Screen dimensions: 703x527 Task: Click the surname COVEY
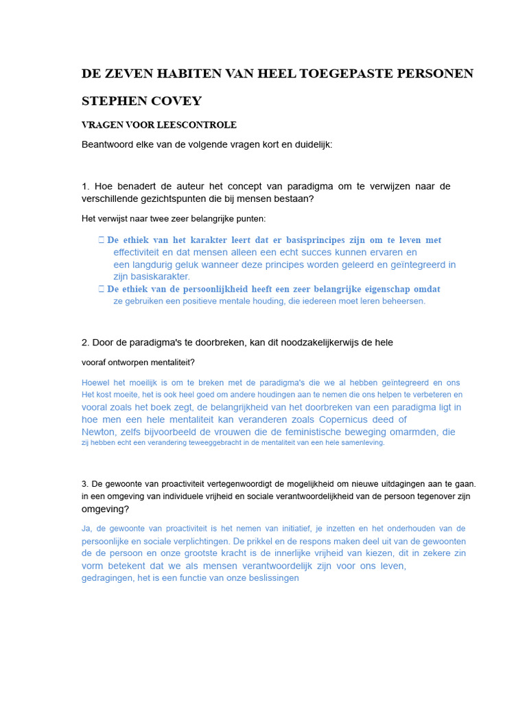(x=179, y=101)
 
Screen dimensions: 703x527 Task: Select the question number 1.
(x=85, y=187)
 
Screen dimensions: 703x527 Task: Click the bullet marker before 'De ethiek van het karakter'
(x=101, y=240)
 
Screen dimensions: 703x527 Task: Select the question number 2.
(x=85, y=343)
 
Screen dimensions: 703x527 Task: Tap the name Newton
(x=99, y=433)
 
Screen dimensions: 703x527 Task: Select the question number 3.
(x=84, y=484)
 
